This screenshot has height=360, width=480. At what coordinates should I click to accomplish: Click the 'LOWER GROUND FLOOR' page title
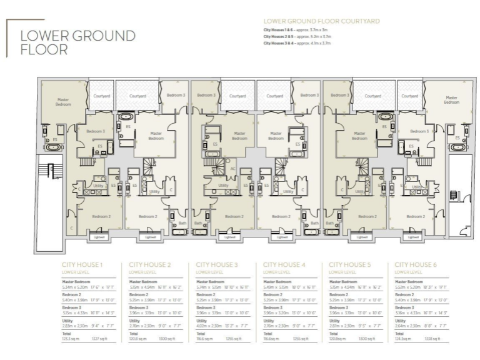click(x=77, y=42)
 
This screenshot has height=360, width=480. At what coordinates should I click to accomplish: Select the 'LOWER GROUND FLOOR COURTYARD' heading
click(x=321, y=21)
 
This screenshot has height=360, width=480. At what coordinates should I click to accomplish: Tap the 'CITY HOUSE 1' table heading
click(x=82, y=265)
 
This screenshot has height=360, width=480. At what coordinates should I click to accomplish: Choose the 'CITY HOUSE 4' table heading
click(x=284, y=265)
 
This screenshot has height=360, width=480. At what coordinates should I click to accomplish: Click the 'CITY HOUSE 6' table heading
click(x=416, y=265)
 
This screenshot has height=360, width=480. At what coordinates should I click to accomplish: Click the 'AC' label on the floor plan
click(x=233, y=168)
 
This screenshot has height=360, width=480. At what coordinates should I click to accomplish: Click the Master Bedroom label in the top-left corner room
click(x=62, y=101)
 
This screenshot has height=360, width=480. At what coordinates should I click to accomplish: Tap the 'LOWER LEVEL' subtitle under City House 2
click(x=141, y=272)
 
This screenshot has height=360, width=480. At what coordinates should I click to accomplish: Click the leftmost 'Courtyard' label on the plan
click(x=102, y=96)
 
